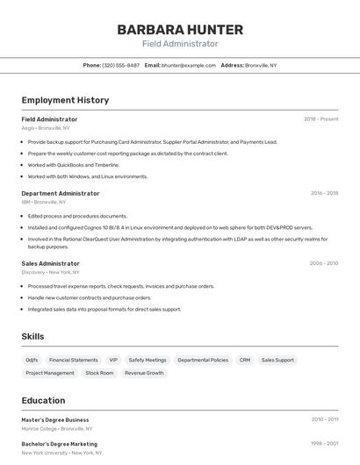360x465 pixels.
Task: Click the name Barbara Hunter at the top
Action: coord(180,30)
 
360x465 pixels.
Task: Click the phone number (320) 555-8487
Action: coord(121,66)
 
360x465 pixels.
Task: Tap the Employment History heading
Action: coord(65,100)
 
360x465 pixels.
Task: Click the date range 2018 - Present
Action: coord(320,119)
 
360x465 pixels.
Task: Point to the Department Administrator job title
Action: coord(61,193)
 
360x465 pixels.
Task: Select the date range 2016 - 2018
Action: coord(324,193)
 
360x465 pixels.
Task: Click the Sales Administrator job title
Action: coord(51,263)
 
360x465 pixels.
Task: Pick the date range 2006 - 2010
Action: coord(324,263)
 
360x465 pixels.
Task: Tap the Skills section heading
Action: coord(33,337)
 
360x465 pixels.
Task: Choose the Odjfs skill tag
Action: coord(32,360)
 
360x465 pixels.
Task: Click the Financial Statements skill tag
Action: coord(74,360)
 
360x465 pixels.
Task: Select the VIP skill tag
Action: coord(113,360)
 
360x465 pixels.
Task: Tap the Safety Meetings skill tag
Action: coord(148,360)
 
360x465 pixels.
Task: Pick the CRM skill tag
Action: coord(245,360)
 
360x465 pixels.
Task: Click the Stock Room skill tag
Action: coord(99,373)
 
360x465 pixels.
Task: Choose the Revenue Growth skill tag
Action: coord(144,373)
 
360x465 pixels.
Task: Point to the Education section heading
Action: coord(43,400)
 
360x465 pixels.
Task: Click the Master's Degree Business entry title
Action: coord(55,420)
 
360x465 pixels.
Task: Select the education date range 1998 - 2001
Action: coord(324,444)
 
